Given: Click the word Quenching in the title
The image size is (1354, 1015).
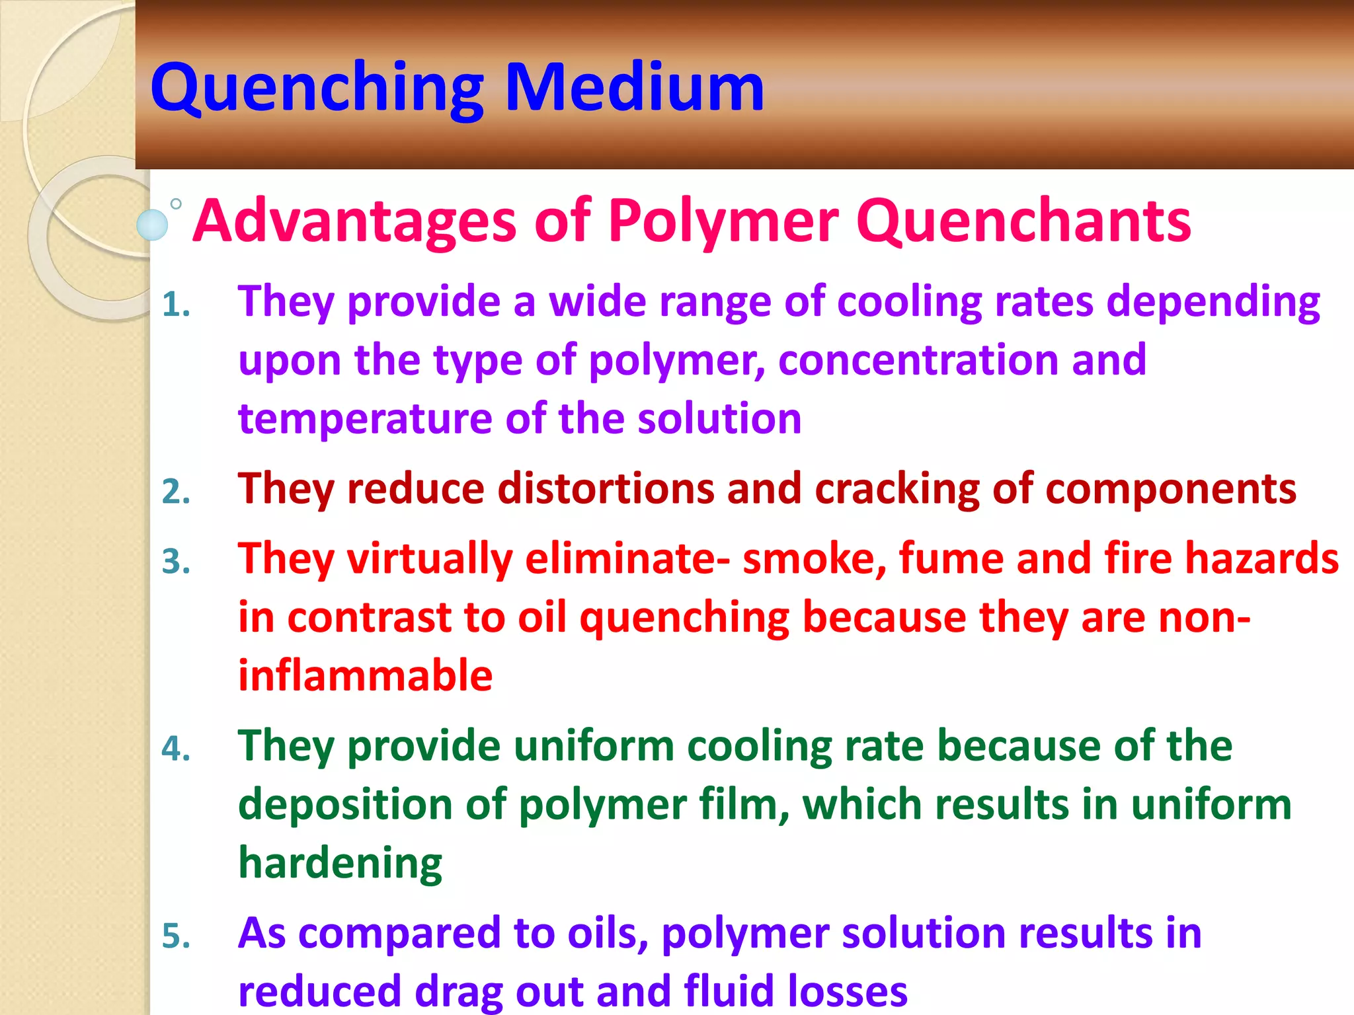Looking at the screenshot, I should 317,89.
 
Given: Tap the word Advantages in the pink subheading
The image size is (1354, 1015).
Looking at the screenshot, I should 354,221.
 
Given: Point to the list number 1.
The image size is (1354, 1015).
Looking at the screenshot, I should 176,305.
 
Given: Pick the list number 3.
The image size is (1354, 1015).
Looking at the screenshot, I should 176,562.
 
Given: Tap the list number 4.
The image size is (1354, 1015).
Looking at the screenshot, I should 176,749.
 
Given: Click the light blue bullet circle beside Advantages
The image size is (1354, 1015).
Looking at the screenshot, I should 153,225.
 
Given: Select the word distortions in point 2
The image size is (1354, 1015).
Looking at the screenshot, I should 606,489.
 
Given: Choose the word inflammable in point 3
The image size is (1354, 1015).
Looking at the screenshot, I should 365,675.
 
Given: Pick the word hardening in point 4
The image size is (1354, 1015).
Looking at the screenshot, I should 340,864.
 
